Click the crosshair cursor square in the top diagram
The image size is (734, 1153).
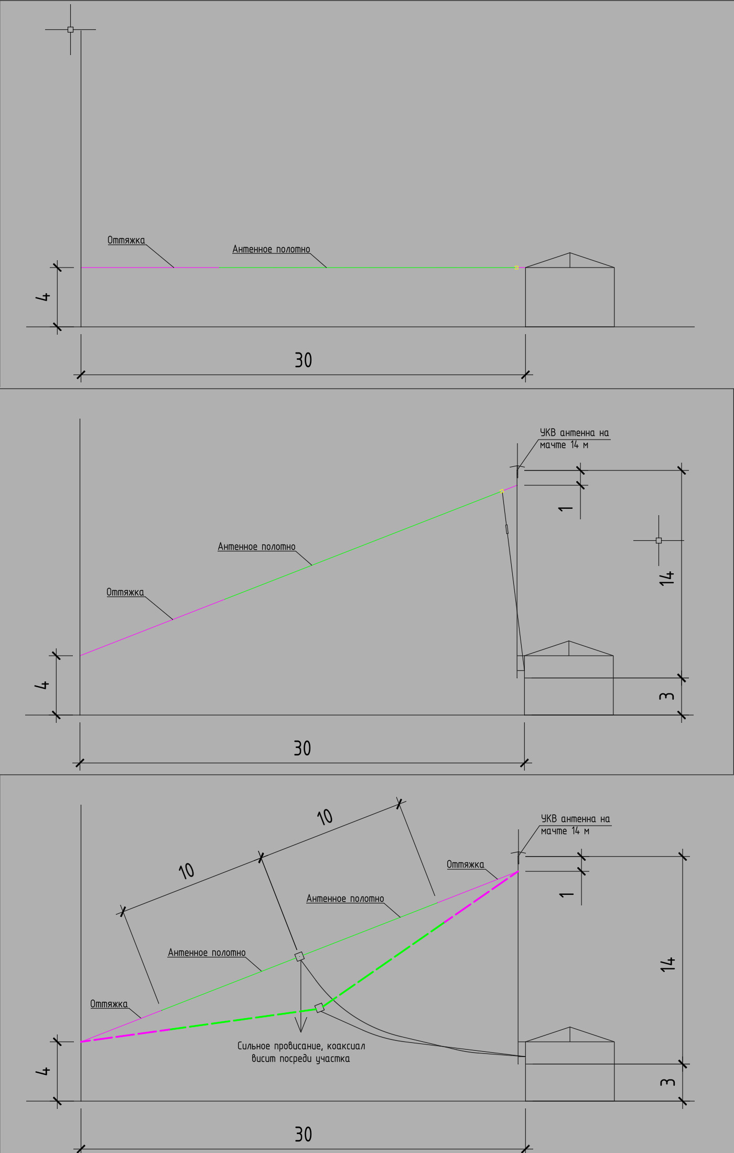70,29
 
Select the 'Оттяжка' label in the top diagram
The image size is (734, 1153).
126,240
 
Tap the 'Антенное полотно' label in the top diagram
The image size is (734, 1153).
271,249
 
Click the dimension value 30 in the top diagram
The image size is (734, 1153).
303,360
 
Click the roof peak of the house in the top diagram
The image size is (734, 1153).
570,253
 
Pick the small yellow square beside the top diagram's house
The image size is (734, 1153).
516,268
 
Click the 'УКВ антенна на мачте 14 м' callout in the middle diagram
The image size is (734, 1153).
574,439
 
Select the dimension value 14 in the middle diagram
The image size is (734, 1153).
667,578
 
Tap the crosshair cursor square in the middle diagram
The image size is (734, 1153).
659,540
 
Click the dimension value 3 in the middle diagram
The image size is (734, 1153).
667,696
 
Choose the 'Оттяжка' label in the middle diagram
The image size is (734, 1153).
125,592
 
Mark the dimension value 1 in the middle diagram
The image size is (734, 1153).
566,508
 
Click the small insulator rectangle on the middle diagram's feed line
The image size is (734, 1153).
507,529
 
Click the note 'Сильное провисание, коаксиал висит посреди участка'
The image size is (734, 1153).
301,1052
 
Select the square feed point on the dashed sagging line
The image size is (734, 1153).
319,1008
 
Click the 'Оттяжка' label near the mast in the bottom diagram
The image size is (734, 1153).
465,864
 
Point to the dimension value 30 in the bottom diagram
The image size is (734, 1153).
303,1135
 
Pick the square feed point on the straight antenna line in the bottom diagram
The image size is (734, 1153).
299,956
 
